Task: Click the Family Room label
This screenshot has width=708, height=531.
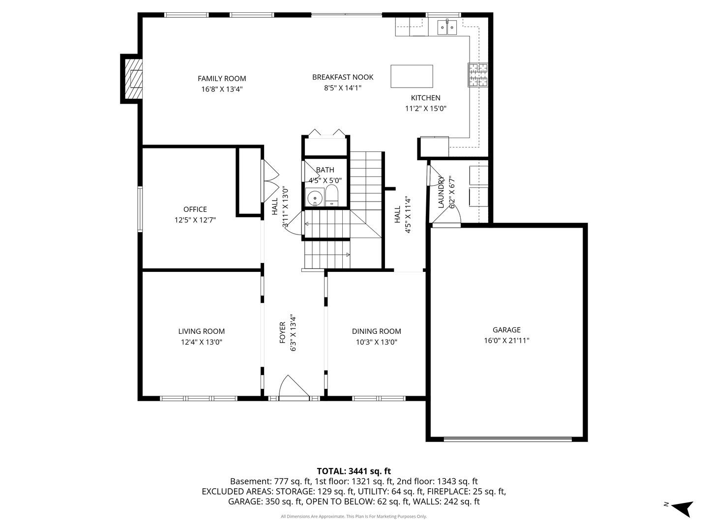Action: [222, 79]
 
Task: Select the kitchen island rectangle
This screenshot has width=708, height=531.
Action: [412, 76]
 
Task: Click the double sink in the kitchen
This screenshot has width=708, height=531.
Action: [447, 28]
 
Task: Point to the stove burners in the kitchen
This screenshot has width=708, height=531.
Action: [478, 76]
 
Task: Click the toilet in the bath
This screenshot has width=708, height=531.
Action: [332, 195]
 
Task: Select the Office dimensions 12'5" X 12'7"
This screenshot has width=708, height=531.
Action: [195, 220]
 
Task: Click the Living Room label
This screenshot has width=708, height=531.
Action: [202, 331]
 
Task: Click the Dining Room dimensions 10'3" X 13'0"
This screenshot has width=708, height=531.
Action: [377, 342]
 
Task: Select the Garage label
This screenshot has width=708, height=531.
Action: [506, 330]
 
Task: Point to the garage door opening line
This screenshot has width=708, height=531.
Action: [507, 439]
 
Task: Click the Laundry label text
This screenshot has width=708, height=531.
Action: [441, 192]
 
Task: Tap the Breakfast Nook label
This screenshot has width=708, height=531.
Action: [343, 77]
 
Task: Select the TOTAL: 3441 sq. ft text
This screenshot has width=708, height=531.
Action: [354, 471]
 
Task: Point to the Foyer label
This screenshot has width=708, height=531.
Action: [283, 333]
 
